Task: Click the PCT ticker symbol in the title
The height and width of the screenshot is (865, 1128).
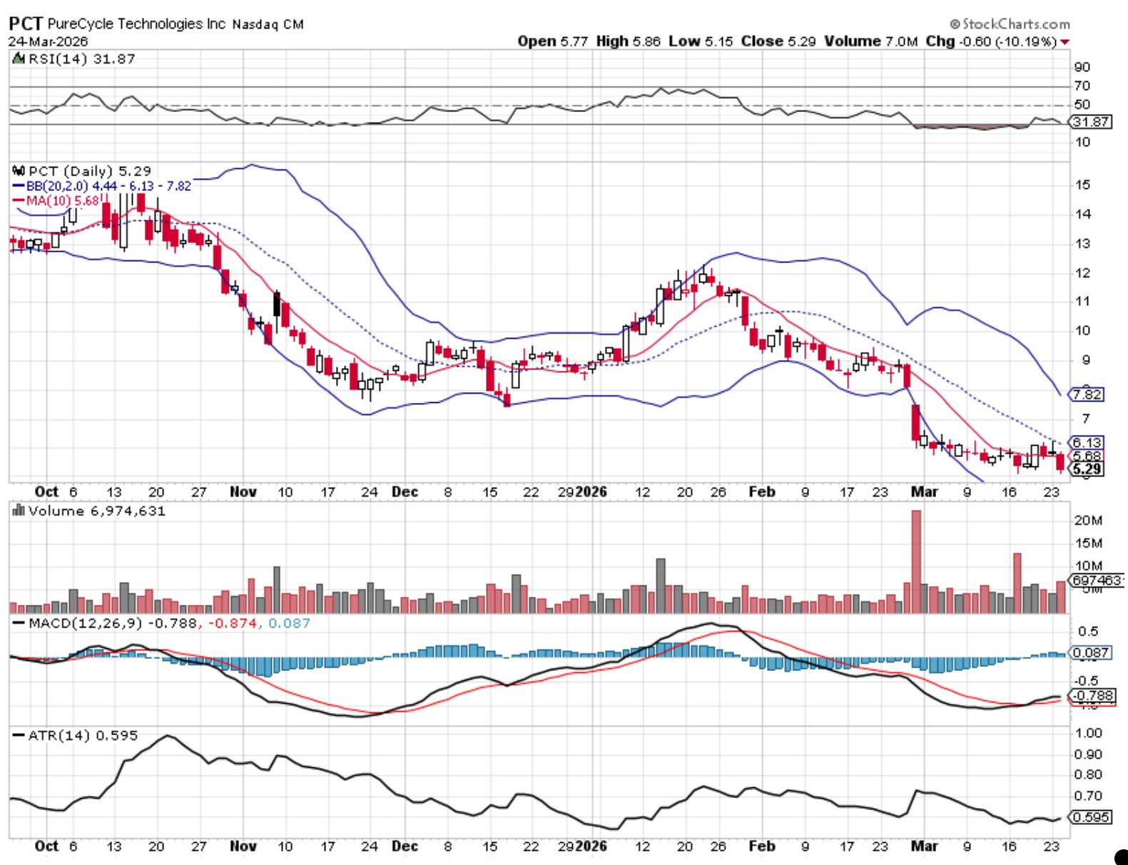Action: [26, 23]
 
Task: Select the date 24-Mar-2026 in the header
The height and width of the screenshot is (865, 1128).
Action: [48, 41]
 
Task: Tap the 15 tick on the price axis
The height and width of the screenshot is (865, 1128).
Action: [1082, 185]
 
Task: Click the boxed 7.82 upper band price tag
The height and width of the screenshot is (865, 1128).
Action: [1087, 394]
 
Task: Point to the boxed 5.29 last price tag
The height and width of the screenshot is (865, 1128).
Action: [1087, 469]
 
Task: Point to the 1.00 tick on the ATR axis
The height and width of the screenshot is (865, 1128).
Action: [1088, 733]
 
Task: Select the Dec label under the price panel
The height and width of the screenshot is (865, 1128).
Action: [405, 492]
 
